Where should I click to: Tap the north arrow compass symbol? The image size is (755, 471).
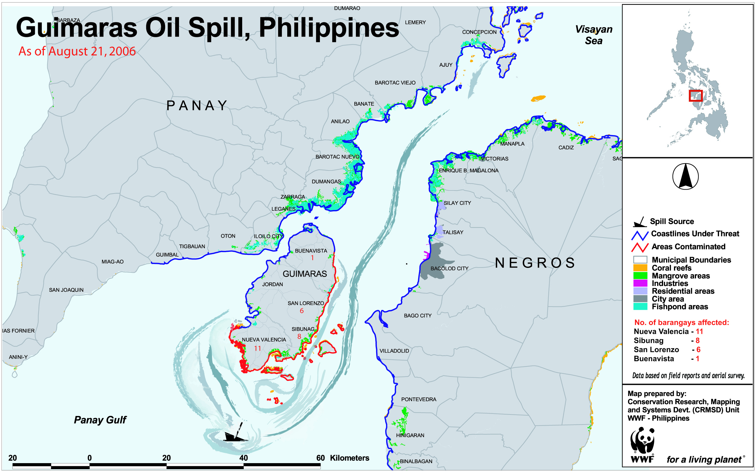pyautogui.click(x=685, y=177)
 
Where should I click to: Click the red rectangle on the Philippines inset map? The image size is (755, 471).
pyautogui.click(x=695, y=96)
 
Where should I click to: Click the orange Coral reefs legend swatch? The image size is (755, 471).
pyautogui.click(x=640, y=268)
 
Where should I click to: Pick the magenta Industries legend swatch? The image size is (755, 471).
pyautogui.click(x=640, y=283)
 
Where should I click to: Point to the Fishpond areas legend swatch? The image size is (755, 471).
pyautogui.click(x=640, y=307)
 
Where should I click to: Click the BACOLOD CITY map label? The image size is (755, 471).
pyautogui.click(x=449, y=268)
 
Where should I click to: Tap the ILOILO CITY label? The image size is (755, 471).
pyautogui.click(x=268, y=236)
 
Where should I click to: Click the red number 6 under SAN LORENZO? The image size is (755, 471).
pyautogui.click(x=301, y=311)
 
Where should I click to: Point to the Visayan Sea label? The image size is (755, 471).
pyautogui.click(x=593, y=35)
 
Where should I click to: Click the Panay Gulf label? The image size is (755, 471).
pyautogui.click(x=100, y=420)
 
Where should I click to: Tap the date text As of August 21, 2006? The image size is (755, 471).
pyautogui.click(x=77, y=51)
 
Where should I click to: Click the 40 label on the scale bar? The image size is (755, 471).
pyautogui.click(x=243, y=458)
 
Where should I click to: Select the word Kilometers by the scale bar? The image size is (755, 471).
pyautogui.click(x=350, y=458)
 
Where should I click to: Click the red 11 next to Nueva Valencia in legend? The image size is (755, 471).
pyautogui.click(x=699, y=331)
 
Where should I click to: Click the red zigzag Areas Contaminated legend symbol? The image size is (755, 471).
pyautogui.click(x=640, y=247)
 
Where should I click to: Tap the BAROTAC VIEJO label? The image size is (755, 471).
pyautogui.click(x=395, y=83)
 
